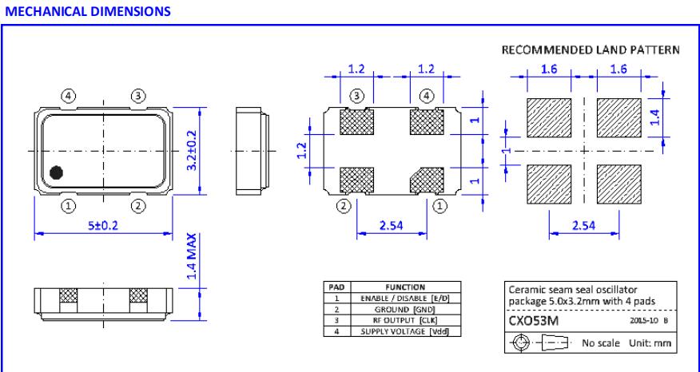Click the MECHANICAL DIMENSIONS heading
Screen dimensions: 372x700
click(x=55, y=10)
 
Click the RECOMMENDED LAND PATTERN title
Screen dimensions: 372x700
click(x=591, y=50)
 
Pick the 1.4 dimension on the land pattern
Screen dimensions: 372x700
click(x=655, y=118)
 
